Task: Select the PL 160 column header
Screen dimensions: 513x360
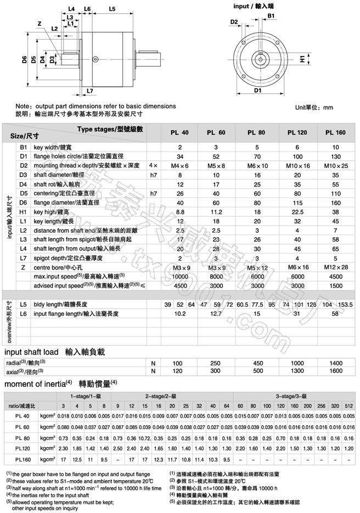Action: point(335,133)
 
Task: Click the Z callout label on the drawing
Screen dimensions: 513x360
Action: point(40,23)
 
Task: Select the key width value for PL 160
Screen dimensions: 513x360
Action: point(335,148)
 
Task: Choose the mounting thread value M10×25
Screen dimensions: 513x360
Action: point(335,165)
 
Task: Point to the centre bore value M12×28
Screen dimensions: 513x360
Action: point(335,268)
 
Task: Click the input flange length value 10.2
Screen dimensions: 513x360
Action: point(179,314)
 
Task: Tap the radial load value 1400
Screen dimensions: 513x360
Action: point(335,363)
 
